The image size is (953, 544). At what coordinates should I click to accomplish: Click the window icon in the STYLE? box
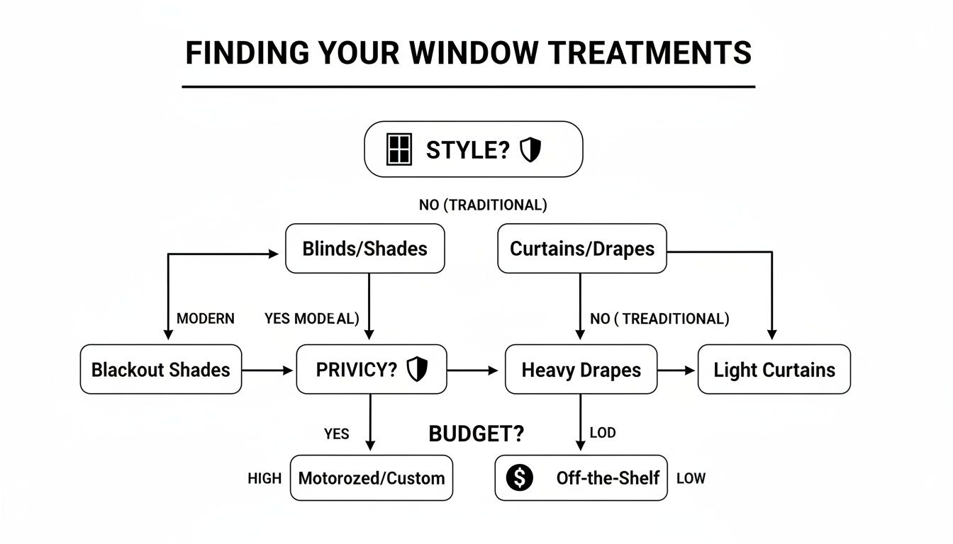[x=399, y=149]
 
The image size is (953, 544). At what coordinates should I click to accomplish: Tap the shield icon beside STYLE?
[x=530, y=149]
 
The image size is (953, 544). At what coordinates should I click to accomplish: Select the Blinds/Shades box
[x=364, y=249]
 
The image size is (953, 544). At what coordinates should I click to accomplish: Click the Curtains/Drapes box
[x=581, y=249]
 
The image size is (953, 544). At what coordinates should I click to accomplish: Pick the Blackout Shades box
[x=161, y=369]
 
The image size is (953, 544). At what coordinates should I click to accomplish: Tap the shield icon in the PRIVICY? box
[x=416, y=369]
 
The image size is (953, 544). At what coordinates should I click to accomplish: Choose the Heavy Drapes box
[x=581, y=369]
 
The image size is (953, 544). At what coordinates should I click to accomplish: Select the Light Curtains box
[x=774, y=369]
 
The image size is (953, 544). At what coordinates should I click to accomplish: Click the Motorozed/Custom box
[x=372, y=478]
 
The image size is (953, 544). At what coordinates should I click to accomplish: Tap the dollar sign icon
[x=519, y=478]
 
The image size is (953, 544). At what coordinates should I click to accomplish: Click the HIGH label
[x=264, y=479]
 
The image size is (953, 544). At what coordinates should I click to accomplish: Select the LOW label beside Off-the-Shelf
[x=691, y=479]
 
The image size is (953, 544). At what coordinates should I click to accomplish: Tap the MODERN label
[x=206, y=319]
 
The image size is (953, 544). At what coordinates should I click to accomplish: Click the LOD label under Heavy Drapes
[x=603, y=433]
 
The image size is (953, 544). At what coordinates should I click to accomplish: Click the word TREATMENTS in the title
[x=660, y=54]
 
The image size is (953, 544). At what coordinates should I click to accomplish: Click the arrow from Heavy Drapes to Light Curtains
[x=677, y=370]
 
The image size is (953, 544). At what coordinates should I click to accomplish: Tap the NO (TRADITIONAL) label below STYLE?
[x=483, y=205]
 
